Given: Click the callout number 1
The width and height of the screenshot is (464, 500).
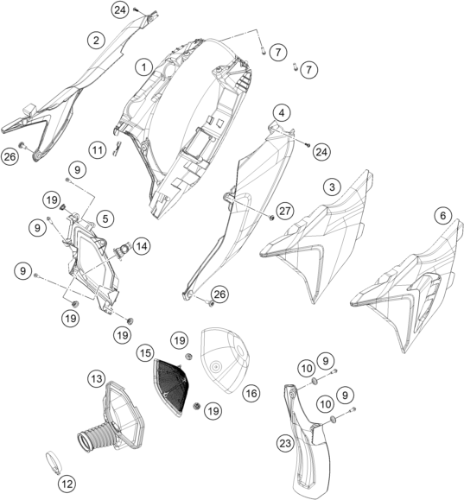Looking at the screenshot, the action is [x=144, y=67].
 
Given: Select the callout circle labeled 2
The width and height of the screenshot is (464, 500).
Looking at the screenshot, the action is [x=96, y=41].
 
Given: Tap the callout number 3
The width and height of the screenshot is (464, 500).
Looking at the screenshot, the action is [x=332, y=187].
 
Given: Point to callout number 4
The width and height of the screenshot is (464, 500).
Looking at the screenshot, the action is [x=282, y=112].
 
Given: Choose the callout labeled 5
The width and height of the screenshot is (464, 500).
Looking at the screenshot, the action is [x=105, y=218].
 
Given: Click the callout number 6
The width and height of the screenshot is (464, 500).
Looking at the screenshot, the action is [x=443, y=216].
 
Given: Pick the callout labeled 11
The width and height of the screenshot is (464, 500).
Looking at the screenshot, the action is [x=98, y=149].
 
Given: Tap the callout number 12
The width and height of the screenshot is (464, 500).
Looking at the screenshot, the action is [x=67, y=484].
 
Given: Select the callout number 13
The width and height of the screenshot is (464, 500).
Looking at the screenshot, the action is [x=97, y=378].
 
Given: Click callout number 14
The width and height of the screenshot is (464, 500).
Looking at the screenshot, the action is [x=142, y=246].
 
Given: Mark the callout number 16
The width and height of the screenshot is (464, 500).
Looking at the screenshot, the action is [x=251, y=394].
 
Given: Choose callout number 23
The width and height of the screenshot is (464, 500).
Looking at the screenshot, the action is [x=285, y=443].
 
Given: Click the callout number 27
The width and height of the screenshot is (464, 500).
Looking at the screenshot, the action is [x=285, y=211].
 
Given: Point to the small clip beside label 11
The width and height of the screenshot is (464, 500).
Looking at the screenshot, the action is [x=118, y=149].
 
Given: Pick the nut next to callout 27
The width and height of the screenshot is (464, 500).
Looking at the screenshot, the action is [x=272, y=218].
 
